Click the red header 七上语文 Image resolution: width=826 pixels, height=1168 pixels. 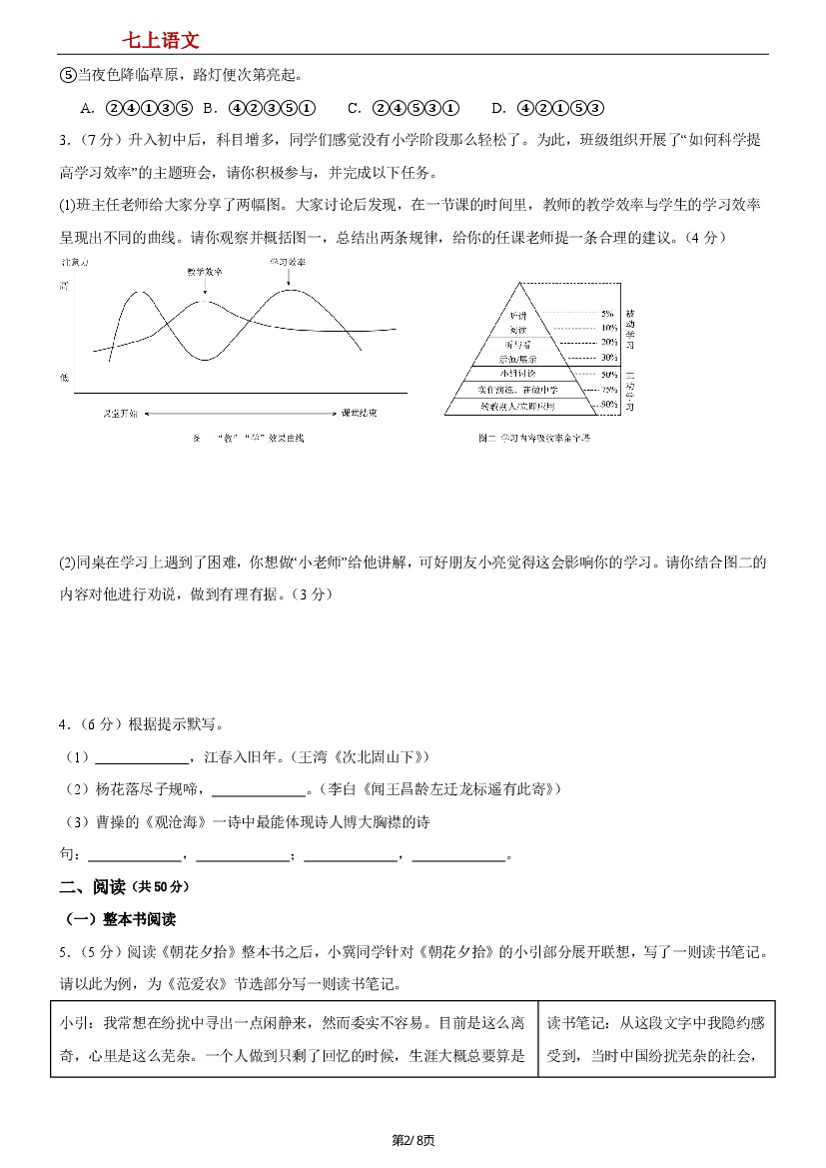(x=160, y=40)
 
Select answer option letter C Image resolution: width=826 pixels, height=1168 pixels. (x=354, y=108)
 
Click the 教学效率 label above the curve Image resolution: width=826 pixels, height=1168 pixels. (x=205, y=271)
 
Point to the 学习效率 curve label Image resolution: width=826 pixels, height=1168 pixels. (x=288, y=262)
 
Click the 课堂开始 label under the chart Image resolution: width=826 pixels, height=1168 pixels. (x=120, y=412)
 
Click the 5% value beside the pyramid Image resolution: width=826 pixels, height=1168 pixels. (x=607, y=314)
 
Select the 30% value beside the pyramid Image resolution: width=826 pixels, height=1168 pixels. (x=607, y=357)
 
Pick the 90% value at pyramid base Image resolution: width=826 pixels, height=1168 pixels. (x=607, y=405)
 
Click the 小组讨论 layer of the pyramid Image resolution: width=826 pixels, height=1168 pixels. (x=518, y=372)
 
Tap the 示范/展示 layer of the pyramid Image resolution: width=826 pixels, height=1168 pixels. (x=518, y=357)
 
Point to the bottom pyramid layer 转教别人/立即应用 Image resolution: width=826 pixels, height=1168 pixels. (x=517, y=406)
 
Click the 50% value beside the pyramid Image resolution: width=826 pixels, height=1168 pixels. (x=607, y=373)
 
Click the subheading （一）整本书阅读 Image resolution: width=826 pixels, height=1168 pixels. (x=120, y=919)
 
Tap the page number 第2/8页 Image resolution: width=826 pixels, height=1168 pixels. (x=413, y=1140)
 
